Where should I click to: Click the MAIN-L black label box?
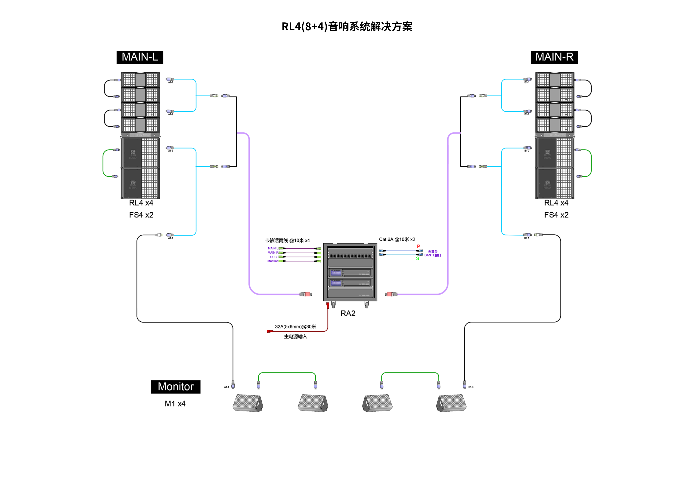click(140, 57)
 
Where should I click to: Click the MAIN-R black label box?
click(554, 57)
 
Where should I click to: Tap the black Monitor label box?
click(176, 387)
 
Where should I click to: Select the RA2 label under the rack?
click(348, 314)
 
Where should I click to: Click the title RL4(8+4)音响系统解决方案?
click(347, 27)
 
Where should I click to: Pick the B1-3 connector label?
click(527, 151)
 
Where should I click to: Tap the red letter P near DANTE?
click(418, 246)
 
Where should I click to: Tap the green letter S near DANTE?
click(417, 258)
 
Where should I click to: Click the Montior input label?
click(272, 261)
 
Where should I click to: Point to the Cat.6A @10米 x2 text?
click(397, 239)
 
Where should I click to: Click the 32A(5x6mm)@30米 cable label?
click(296, 327)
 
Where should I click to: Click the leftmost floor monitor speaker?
click(248, 403)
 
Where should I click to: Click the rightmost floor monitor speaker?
click(451, 403)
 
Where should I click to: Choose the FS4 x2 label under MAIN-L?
click(141, 215)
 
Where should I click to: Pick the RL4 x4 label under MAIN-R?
click(556, 203)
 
